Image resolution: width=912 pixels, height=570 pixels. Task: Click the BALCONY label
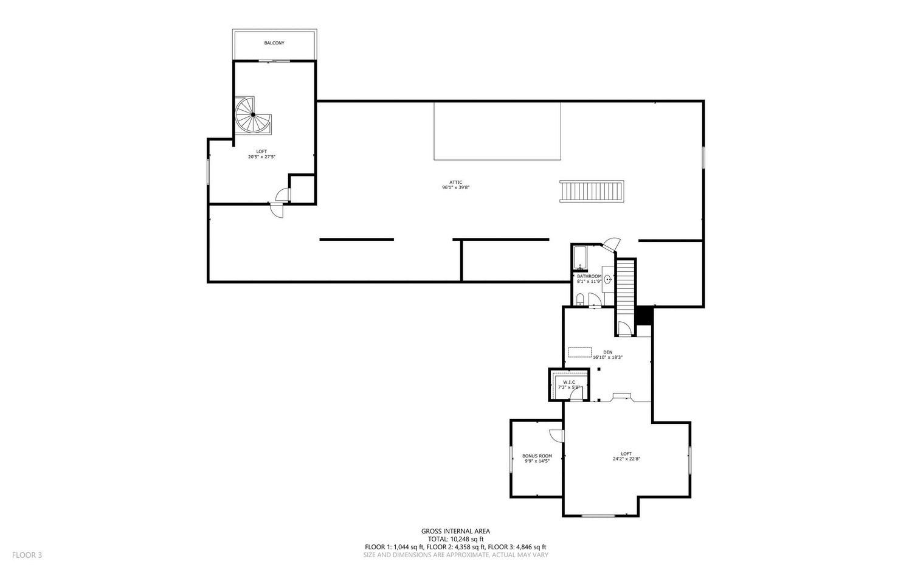[274, 43]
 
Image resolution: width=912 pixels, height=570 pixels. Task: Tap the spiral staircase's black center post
[254, 115]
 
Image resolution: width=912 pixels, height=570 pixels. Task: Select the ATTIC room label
[455, 182]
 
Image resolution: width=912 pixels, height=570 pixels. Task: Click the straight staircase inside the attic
[592, 191]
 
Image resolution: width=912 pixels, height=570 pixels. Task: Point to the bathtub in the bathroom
[580, 257]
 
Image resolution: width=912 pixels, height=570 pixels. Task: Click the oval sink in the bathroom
[608, 279]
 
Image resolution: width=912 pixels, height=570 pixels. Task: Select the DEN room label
[607, 352]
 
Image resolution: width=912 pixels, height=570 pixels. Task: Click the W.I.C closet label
[568, 382]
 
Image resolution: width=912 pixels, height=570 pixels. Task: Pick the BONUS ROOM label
[537, 456]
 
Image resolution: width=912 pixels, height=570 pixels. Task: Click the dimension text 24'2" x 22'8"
[627, 459]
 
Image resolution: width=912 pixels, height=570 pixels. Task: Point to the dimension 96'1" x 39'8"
[455, 188]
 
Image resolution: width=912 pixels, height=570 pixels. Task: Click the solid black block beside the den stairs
[644, 316]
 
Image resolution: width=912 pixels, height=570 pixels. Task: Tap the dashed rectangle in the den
[580, 352]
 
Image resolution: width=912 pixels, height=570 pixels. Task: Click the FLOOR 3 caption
[27, 555]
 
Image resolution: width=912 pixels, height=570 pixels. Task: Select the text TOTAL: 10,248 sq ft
[455, 539]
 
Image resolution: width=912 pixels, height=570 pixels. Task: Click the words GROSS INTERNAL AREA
[455, 531]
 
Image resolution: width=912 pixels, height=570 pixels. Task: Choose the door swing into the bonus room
[556, 436]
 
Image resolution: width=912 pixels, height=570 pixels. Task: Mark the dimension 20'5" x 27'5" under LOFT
[262, 157]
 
